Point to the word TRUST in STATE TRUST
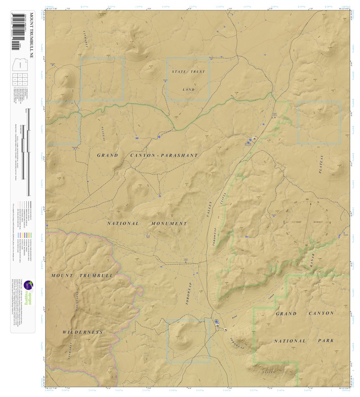click(x=198, y=72)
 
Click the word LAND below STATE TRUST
click(x=189, y=89)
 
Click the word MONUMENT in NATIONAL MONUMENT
click(x=169, y=224)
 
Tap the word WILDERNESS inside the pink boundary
click(x=83, y=332)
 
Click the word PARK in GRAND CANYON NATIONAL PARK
click(x=325, y=341)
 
